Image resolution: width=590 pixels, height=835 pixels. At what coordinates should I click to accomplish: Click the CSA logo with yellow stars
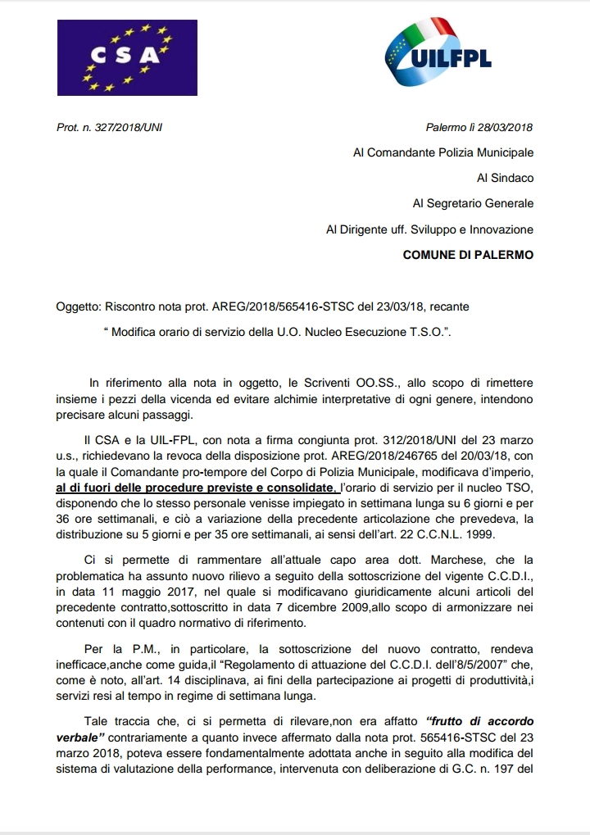tap(126, 57)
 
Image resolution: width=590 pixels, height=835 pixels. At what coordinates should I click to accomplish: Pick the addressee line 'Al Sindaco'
tap(505, 178)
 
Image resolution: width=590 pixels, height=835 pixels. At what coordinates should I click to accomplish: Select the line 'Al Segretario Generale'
tap(473, 203)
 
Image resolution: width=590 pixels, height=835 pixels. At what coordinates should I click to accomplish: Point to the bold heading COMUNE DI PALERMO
tap(468, 255)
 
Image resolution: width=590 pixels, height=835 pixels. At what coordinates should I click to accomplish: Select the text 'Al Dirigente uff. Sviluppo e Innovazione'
tap(429, 229)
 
